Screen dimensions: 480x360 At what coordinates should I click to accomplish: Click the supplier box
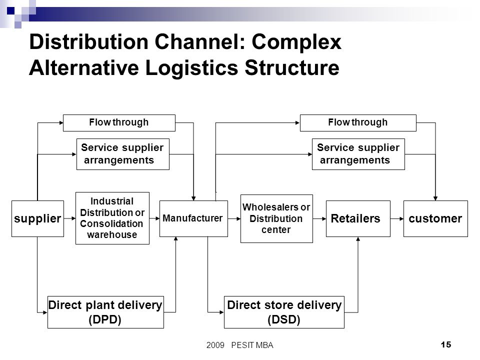(37, 218)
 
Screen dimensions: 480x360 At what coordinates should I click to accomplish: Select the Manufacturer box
(193, 218)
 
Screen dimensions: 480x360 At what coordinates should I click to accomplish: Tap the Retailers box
(358, 218)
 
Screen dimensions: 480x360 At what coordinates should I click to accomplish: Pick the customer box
(435, 218)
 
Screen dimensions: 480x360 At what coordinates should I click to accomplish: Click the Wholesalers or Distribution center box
(276, 218)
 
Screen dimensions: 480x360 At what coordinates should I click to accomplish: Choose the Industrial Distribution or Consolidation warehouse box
(112, 218)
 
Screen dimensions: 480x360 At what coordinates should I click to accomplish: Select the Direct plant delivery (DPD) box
(105, 312)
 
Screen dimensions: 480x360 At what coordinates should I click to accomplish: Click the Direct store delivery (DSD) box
(284, 312)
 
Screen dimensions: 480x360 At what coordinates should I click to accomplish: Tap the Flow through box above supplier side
(119, 123)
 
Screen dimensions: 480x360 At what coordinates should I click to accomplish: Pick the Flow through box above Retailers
(358, 123)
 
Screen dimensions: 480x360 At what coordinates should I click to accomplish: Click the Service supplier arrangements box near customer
(358, 154)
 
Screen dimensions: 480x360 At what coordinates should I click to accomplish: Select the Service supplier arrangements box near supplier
(123, 154)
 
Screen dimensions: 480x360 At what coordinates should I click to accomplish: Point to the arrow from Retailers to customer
(397, 218)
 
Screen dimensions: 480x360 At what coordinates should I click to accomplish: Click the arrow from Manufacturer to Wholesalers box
(234, 218)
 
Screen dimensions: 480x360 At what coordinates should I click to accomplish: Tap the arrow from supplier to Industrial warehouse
(70, 218)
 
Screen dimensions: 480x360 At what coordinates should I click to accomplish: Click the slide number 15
(446, 344)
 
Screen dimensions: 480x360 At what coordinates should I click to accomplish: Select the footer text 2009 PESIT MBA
(239, 345)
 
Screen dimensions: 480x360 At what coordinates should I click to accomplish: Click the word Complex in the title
(296, 41)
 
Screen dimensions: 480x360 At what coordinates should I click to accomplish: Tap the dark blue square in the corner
(10, 10)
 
